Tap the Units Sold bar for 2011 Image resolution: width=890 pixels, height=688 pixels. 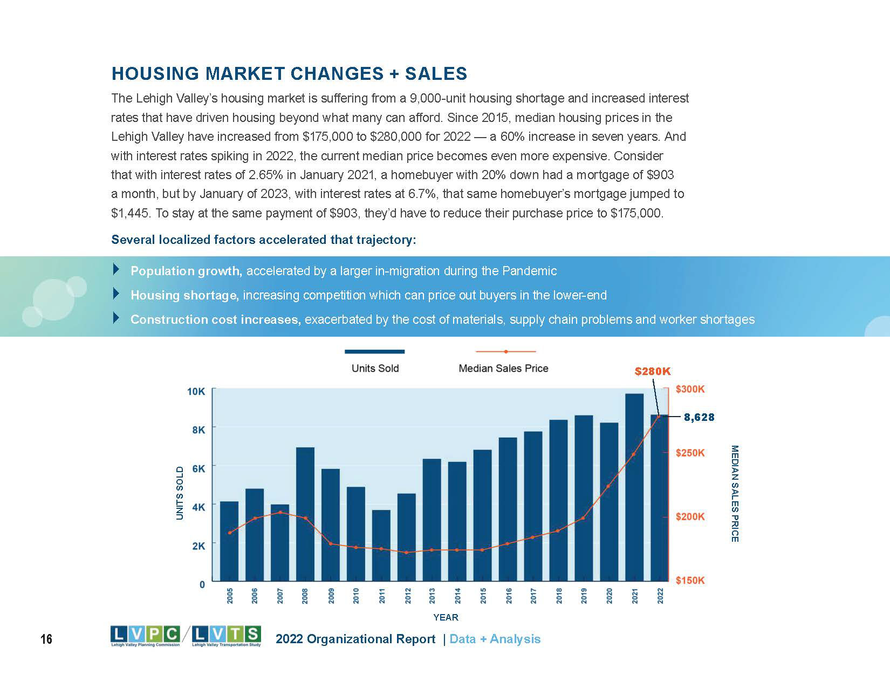tap(381, 545)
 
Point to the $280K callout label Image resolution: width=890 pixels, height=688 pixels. tap(653, 371)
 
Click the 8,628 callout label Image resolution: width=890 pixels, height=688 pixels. tap(699, 417)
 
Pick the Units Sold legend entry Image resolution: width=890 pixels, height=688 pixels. tap(375, 368)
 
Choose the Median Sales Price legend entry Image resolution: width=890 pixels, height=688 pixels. tap(503, 368)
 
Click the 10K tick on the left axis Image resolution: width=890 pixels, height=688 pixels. tap(196, 391)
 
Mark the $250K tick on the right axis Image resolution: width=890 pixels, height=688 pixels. tap(690, 453)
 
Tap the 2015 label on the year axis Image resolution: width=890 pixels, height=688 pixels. tap(483, 595)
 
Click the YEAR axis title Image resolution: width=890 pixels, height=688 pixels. tap(446, 617)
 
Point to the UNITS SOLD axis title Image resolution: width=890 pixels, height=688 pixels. tap(180, 493)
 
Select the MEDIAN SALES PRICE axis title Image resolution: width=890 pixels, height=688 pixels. tap(735, 493)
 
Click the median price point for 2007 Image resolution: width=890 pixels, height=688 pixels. tap(280, 512)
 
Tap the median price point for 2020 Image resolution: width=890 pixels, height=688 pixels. tap(609, 486)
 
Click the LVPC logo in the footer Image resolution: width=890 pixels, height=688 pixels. tap(145, 636)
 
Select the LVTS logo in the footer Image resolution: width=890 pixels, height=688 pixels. tap(227, 636)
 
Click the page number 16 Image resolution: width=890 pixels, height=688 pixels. tap(46, 639)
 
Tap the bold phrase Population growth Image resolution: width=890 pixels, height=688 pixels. tap(186, 271)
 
